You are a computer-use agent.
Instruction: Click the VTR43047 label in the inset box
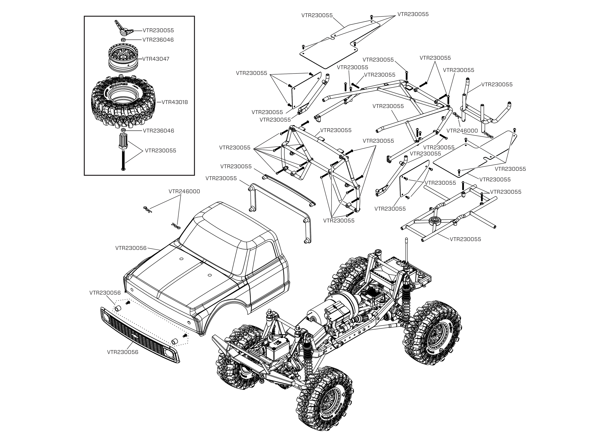click(x=156, y=59)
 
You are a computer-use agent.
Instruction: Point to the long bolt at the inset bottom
click(x=123, y=160)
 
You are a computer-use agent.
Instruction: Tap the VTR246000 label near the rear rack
click(x=462, y=131)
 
